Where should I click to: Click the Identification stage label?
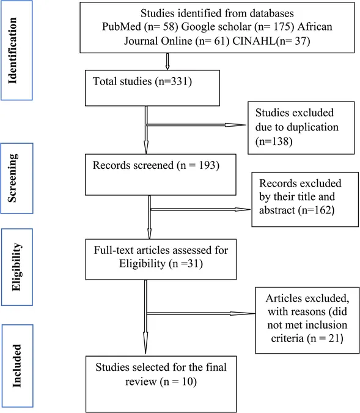pyautogui.click(x=13, y=51)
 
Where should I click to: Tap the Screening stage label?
pyautogui.click(x=13, y=178)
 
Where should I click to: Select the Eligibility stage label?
pyautogui.click(x=17, y=267)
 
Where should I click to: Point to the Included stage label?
pyautogui.click(x=17, y=366)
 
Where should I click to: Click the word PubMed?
pyautogui.click(x=121, y=26)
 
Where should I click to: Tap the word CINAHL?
pyautogui.click(x=254, y=41)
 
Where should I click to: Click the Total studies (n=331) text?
pyautogui.click(x=142, y=81)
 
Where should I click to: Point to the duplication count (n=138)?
pyautogui.click(x=274, y=141)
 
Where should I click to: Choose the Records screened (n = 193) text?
pyautogui.click(x=156, y=165)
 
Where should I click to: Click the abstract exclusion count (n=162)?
pyautogui.click(x=316, y=210)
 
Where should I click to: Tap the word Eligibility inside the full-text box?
pyautogui.click(x=142, y=263)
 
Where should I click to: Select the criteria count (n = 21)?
pyautogui.click(x=325, y=338)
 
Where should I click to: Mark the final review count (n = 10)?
pyautogui.click(x=178, y=381)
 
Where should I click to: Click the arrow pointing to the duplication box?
pyautogui.click(x=196, y=125)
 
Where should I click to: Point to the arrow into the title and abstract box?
pyautogui.click(x=200, y=209)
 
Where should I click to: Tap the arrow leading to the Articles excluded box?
pyautogui.click(x=200, y=313)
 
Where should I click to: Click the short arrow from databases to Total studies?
pyautogui.click(x=167, y=61)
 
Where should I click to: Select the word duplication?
pyautogui.click(x=313, y=127)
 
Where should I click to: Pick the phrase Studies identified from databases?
pyautogui.click(x=217, y=13)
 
